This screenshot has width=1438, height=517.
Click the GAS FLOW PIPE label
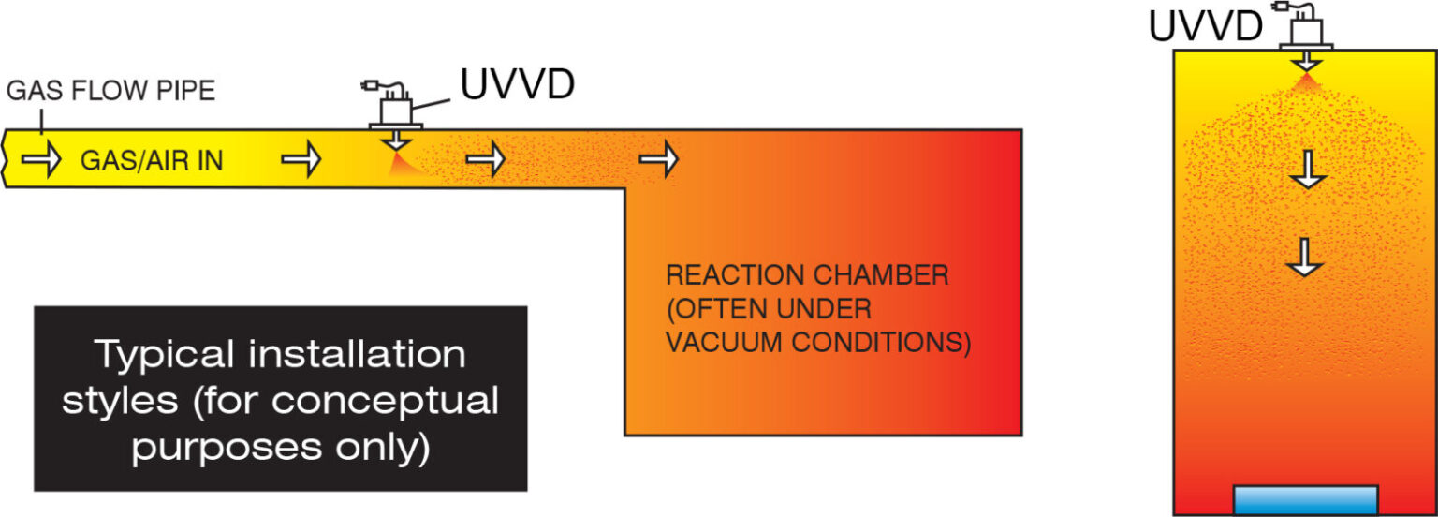coord(110,91)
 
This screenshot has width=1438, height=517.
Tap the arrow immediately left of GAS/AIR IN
coord(40,160)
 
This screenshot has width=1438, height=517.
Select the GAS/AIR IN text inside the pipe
coord(152,161)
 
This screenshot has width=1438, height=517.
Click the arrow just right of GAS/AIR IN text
coord(301,160)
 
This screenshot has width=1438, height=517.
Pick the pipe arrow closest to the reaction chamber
coord(659,160)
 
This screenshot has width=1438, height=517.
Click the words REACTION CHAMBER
coord(807,276)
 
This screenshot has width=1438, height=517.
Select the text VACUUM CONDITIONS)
coord(817,343)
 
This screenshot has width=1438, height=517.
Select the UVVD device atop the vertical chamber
coord(1306,30)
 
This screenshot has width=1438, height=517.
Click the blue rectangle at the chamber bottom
coord(1305,500)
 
